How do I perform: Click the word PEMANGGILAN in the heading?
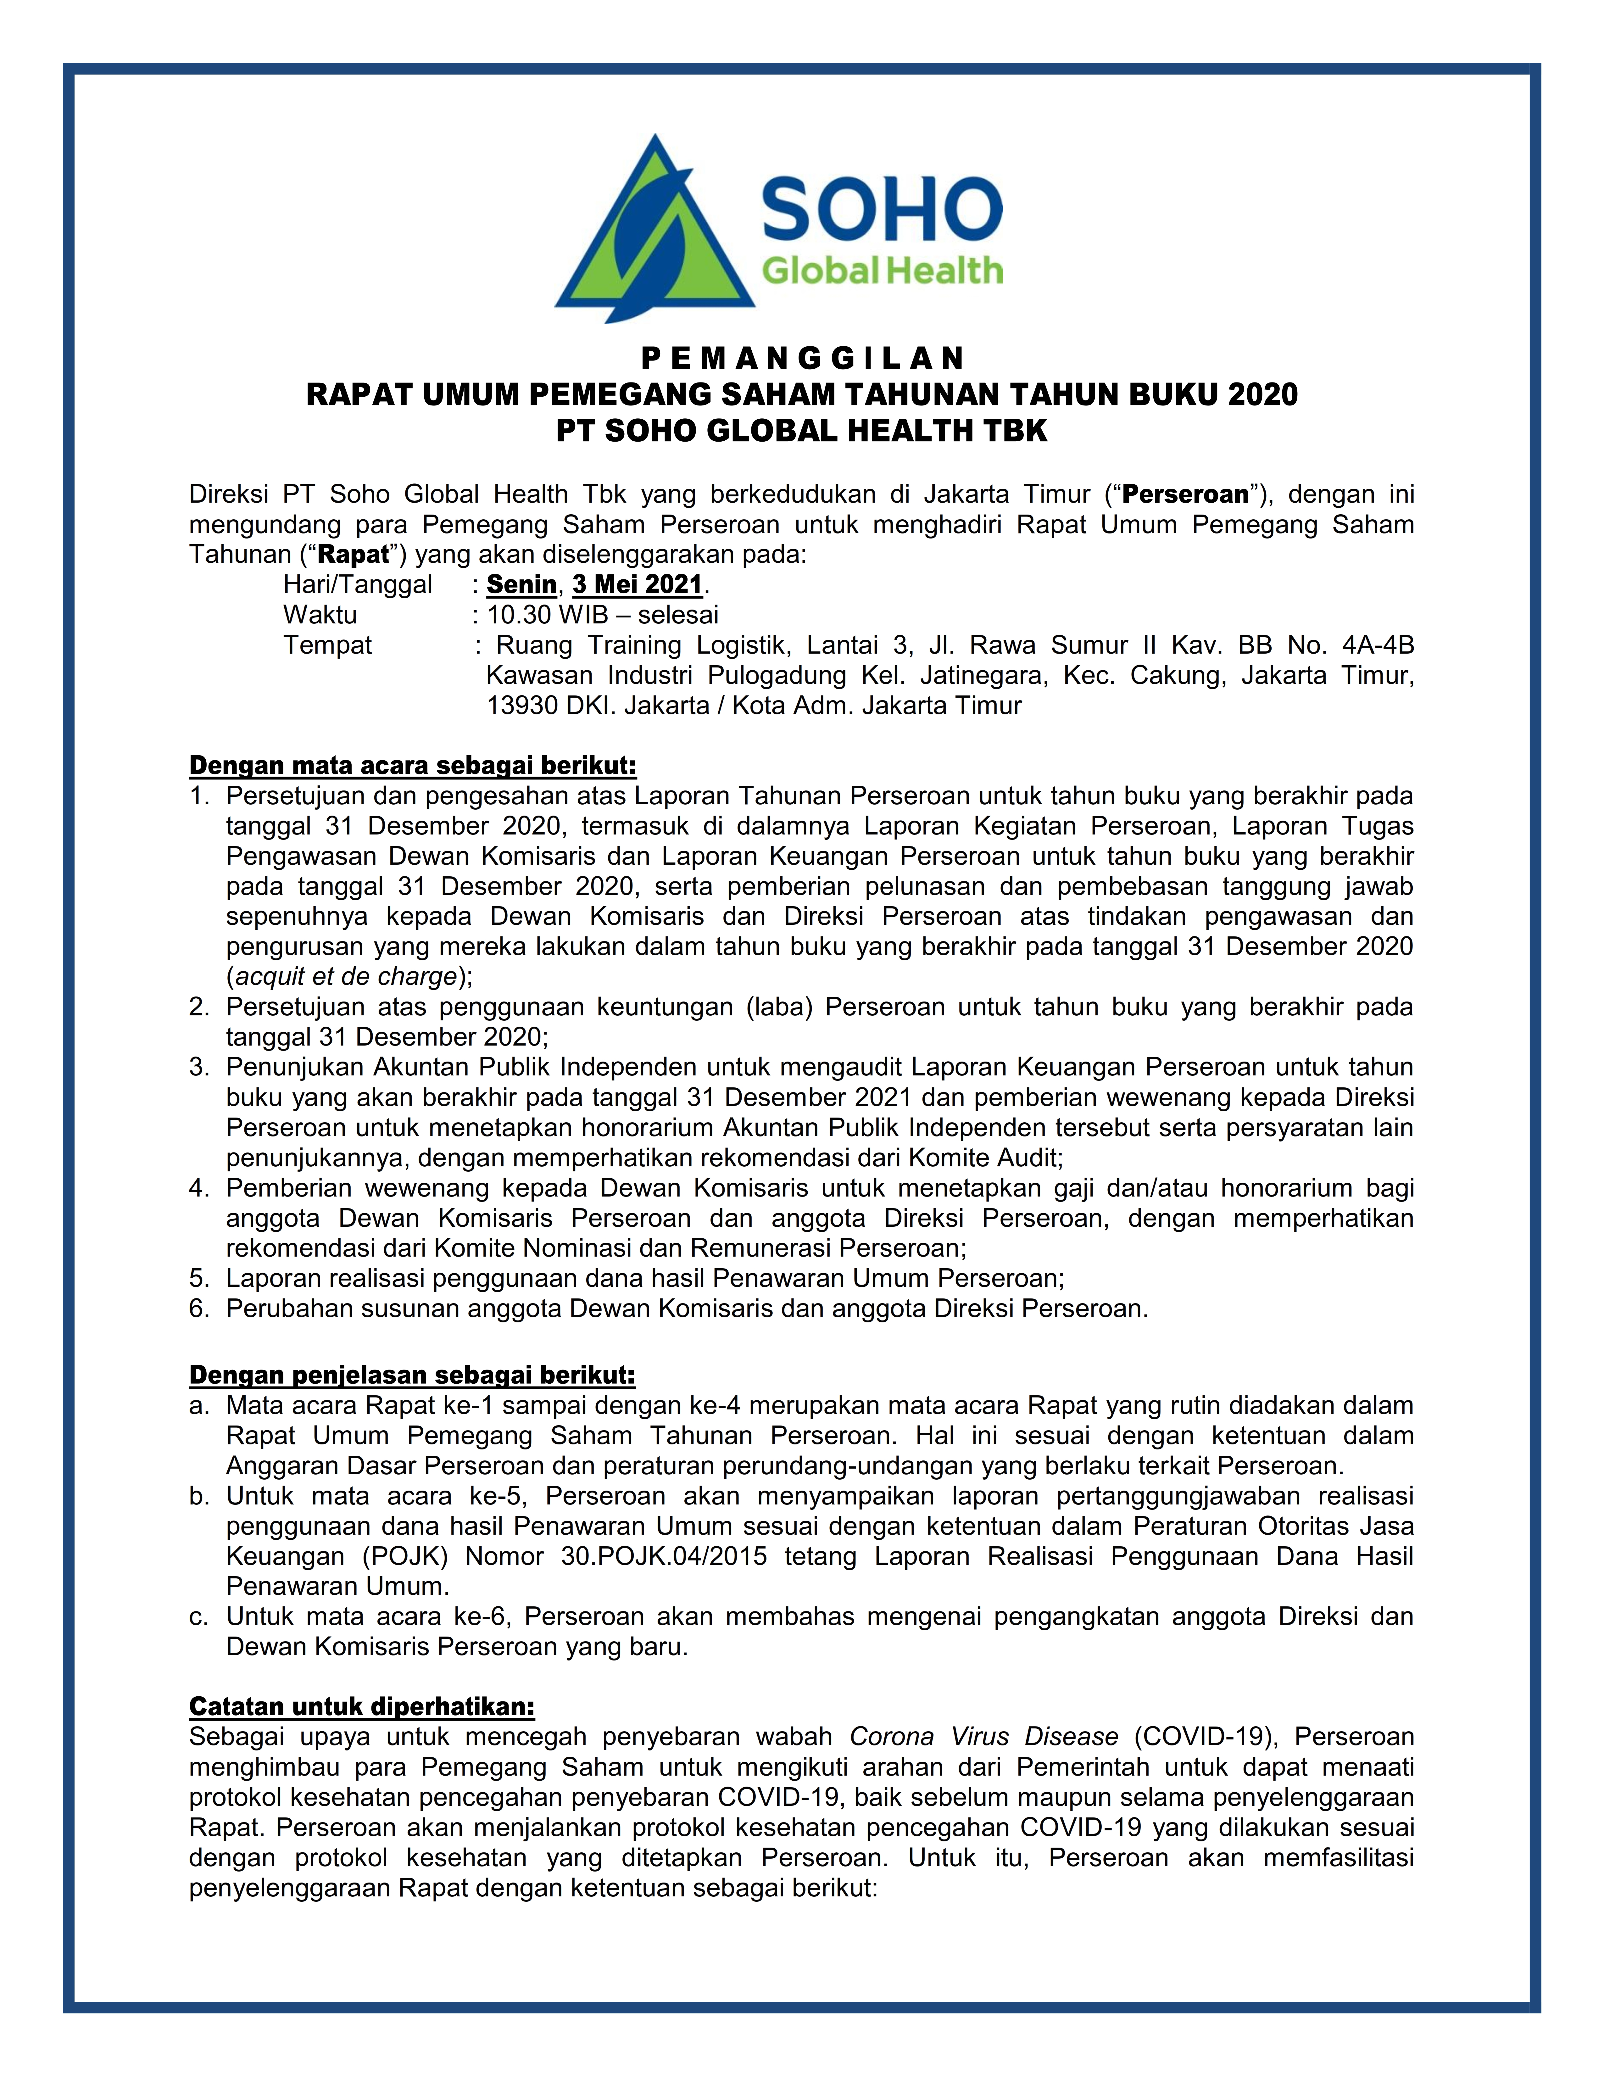tap(802, 358)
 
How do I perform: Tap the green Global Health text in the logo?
tap(882, 271)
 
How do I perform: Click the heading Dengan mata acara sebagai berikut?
tap(412, 765)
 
